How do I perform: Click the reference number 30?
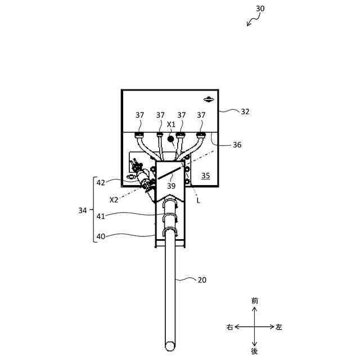[x=260, y=8]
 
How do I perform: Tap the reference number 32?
[x=245, y=111]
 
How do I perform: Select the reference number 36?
[x=237, y=145]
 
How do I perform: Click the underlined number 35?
[x=205, y=176]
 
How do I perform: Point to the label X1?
[x=172, y=124]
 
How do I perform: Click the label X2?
[x=114, y=200]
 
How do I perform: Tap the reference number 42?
[x=101, y=182]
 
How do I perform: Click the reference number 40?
[x=101, y=236]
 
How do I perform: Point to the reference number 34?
[x=83, y=210]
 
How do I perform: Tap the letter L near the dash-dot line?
[x=198, y=200]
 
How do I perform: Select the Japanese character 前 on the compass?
[x=255, y=301]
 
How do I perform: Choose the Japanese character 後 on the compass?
[x=255, y=351]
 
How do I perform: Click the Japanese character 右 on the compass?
[x=229, y=327]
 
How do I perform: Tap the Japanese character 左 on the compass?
[x=280, y=327]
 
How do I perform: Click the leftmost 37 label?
[x=140, y=115]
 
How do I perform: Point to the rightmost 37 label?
[x=201, y=115]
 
